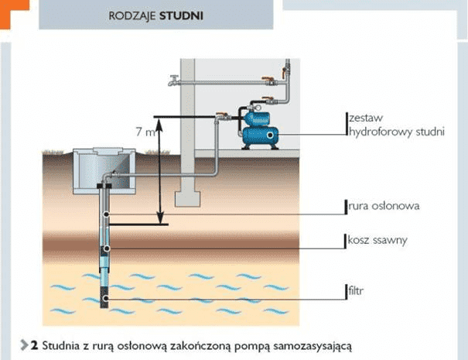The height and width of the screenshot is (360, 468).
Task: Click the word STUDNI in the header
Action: pos(182,14)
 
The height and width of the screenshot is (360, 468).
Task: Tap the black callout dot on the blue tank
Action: pos(271,136)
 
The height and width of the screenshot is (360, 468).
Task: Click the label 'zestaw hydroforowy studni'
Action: pos(395,125)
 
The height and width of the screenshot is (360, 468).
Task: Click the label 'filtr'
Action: pos(357,292)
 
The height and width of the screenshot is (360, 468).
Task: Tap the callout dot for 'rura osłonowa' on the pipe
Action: pos(106,213)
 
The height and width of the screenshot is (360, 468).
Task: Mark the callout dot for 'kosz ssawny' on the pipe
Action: pos(106,248)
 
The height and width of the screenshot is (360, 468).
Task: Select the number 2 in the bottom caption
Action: pos(35,343)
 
